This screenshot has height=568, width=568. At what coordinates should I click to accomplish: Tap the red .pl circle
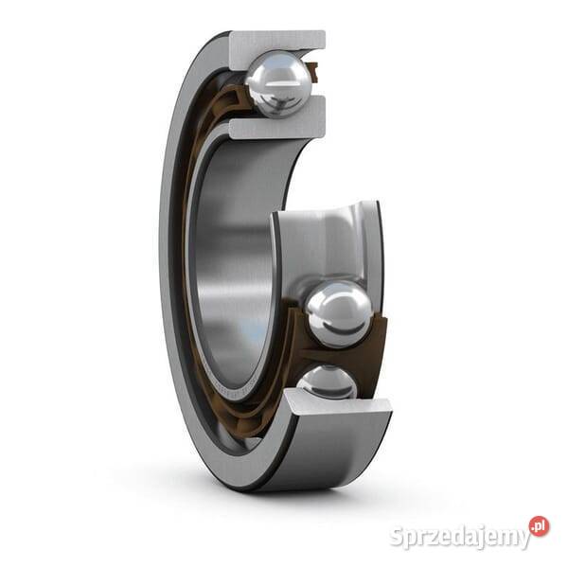[539, 526]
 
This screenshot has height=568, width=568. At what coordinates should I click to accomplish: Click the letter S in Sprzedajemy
[398, 537]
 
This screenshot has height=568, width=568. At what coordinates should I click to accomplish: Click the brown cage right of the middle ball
[378, 322]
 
